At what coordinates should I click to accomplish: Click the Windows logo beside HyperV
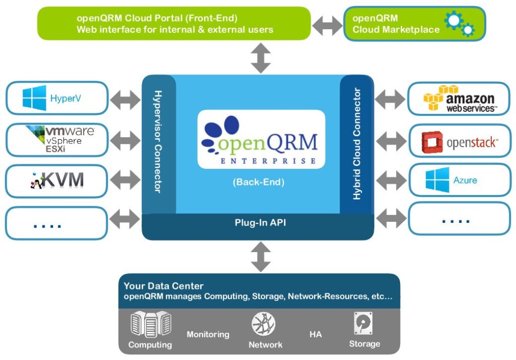tap(34, 98)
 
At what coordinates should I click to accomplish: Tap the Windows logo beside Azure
tap(437, 180)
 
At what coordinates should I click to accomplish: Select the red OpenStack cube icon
tap(432, 142)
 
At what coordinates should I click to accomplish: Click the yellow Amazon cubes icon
tap(437, 97)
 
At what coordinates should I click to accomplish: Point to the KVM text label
tap(62, 180)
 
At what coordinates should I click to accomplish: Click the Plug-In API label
tap(261, 223)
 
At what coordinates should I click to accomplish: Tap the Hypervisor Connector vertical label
tap(158, 142)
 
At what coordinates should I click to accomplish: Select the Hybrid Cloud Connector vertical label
tap(357, 144)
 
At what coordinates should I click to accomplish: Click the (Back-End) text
tap(259, 182)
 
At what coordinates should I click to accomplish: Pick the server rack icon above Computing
tap(151, 324)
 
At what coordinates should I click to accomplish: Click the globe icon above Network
tap(263, 324)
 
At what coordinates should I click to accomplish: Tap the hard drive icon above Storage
tap(363, 323)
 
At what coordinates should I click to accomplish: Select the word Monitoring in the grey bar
tap(208, 335)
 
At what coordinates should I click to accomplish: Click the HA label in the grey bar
tap(315, 335)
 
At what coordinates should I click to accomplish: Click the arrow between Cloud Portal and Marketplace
tap(327, 25)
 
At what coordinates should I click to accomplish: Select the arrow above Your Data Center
tap(261, 257)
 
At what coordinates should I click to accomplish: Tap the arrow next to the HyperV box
tap(125, 100)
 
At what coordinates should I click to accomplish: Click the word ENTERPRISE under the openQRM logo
tap(268, 161)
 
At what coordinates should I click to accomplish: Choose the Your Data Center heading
tap(164, 286)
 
